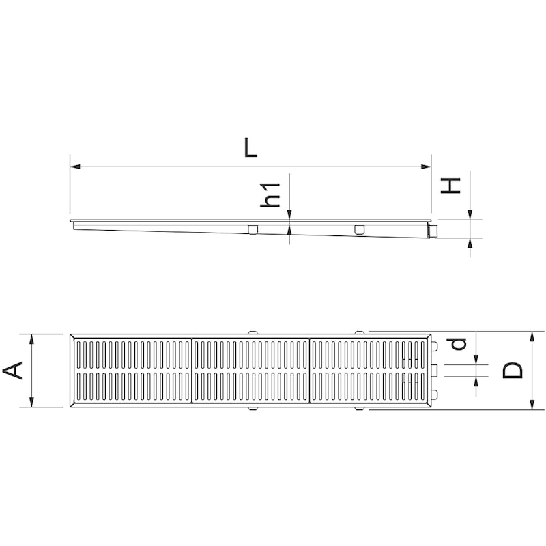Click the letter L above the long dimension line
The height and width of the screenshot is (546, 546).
(251, 149)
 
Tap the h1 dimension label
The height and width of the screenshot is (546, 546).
(271, 195)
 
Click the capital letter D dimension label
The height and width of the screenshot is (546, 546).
(513, 370)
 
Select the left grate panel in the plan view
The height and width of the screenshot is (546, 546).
(132, 371)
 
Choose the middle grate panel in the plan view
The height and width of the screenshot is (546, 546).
(251, 371)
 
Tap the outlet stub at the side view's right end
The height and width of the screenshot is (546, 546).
(433, 232)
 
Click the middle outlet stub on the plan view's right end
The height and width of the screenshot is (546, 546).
(433, 371)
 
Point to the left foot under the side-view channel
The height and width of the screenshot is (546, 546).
(253, 229)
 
